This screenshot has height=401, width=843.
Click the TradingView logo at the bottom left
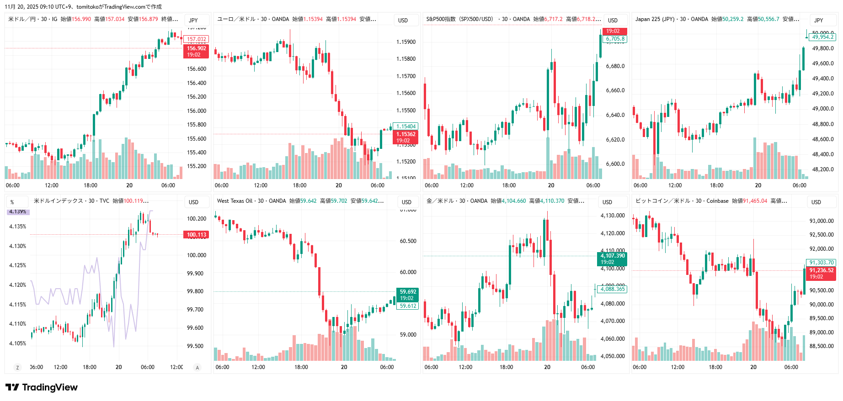coord(42,387)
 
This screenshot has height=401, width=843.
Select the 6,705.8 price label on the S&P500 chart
coord(615,39)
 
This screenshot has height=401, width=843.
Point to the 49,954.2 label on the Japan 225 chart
coord(822,37)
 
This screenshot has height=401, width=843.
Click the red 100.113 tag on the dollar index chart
coord(196,235)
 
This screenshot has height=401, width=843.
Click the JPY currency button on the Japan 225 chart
coord(818,20)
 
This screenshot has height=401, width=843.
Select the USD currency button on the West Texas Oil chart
coord(406,202)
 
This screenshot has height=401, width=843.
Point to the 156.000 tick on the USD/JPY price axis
coord(197,111)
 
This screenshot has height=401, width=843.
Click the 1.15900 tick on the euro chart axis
coord(405,42)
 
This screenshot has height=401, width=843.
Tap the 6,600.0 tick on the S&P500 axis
coord(615,164)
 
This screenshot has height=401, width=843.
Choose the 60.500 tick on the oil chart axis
coord(408,241)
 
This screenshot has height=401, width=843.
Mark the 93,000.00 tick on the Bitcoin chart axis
coord(821,221)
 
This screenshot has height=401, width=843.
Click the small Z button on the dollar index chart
coord(17,367)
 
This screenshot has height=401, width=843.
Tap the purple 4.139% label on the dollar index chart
coord(18,212)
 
